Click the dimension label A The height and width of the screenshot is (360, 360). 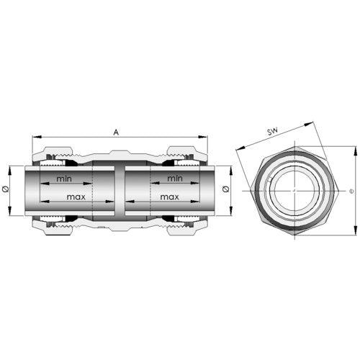116,132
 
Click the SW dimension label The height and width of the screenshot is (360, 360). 273,132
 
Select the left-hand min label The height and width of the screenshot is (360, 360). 64,179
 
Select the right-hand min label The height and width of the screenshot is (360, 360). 175,179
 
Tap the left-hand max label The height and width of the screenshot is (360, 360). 76,197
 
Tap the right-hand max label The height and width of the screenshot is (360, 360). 170,197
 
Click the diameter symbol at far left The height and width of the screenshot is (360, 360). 6,189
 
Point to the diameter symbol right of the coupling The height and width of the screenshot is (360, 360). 225,189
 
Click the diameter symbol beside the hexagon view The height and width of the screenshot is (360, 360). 352,192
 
